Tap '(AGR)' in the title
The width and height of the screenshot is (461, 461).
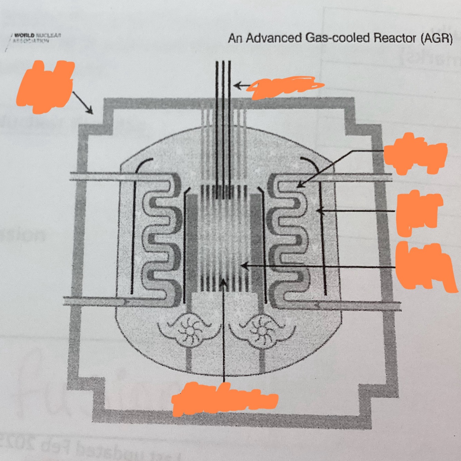click(436, 38)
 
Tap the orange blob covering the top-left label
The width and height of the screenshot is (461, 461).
click(46, 86)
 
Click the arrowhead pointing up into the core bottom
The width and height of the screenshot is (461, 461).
click(224, 283)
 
